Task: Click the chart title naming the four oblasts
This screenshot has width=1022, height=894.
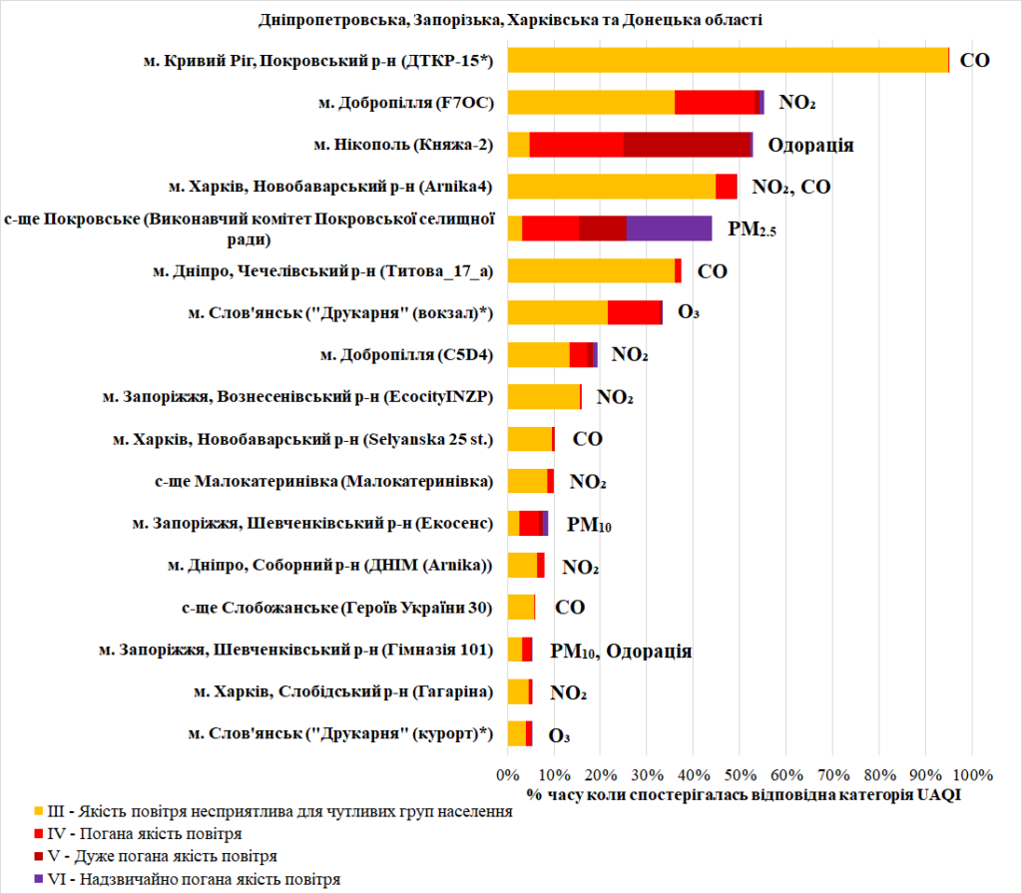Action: point(510,20)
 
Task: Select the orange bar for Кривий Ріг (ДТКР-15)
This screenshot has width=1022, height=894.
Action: point(728,60)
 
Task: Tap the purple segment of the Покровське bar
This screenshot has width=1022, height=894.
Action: point(669,227)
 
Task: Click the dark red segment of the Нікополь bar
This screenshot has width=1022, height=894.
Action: point(687,144)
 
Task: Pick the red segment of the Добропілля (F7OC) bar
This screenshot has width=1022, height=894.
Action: point(717,102)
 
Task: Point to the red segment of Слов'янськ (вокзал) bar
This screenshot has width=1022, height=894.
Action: point(635,312)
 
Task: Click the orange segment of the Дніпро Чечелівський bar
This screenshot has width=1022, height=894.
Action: point(591,270)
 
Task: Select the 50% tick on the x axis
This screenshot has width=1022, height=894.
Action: point(740,773)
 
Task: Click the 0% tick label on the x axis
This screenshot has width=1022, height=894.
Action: point(508,773)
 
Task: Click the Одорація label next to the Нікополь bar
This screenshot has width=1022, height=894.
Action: point(810,146)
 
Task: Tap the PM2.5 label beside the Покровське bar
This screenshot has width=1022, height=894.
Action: point(752,229)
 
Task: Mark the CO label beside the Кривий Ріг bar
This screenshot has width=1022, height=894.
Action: point(974,60)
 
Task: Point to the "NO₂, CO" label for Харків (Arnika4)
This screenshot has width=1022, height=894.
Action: point(790,187)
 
